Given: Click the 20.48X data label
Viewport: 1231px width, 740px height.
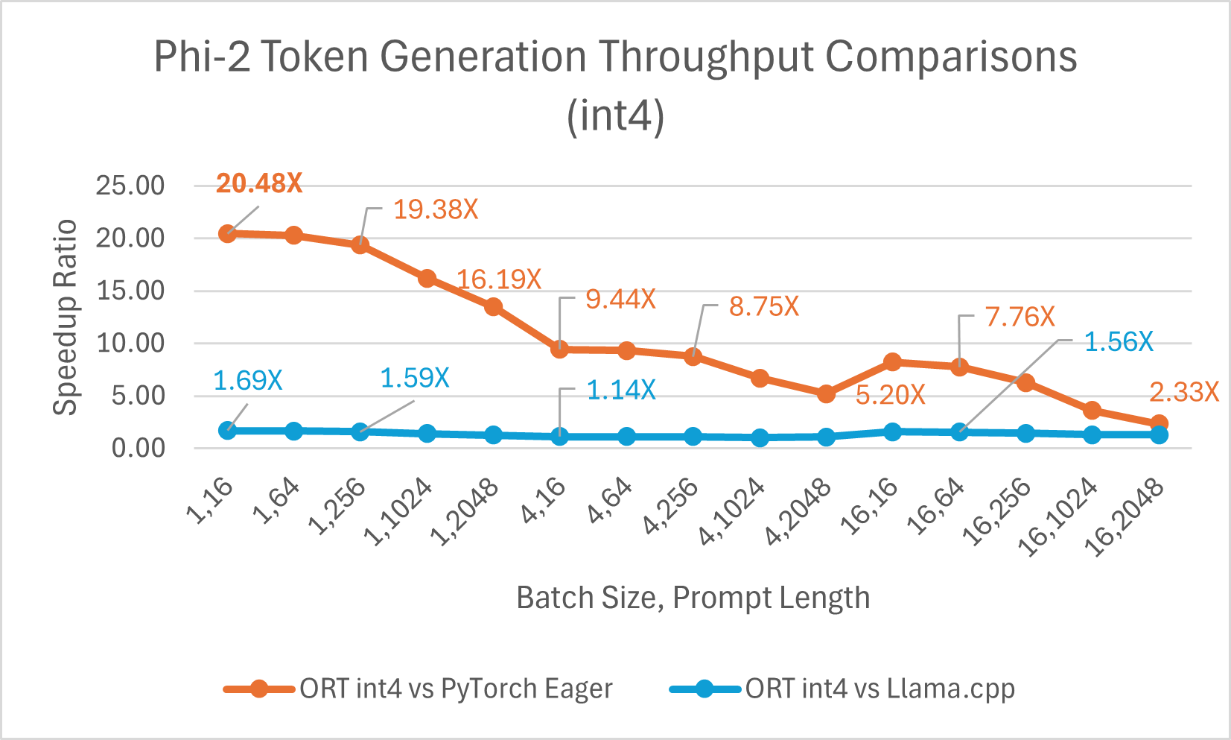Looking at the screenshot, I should pos(258,183).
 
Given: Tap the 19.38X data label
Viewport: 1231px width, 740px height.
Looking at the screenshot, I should pos(435,209).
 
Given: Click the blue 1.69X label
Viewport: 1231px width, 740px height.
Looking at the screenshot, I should pos(247,381).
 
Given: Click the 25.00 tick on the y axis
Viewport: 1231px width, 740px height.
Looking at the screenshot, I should pos(130,186).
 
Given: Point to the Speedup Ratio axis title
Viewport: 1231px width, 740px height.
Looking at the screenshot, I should pos(66,317).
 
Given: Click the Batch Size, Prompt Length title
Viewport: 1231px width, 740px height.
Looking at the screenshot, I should pos(693,598).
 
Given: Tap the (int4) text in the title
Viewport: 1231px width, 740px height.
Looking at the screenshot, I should pos(615,116).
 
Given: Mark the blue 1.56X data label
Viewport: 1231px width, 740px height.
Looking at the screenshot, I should pos(1118,342).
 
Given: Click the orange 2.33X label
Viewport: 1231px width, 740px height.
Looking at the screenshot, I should pos(1183,392).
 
